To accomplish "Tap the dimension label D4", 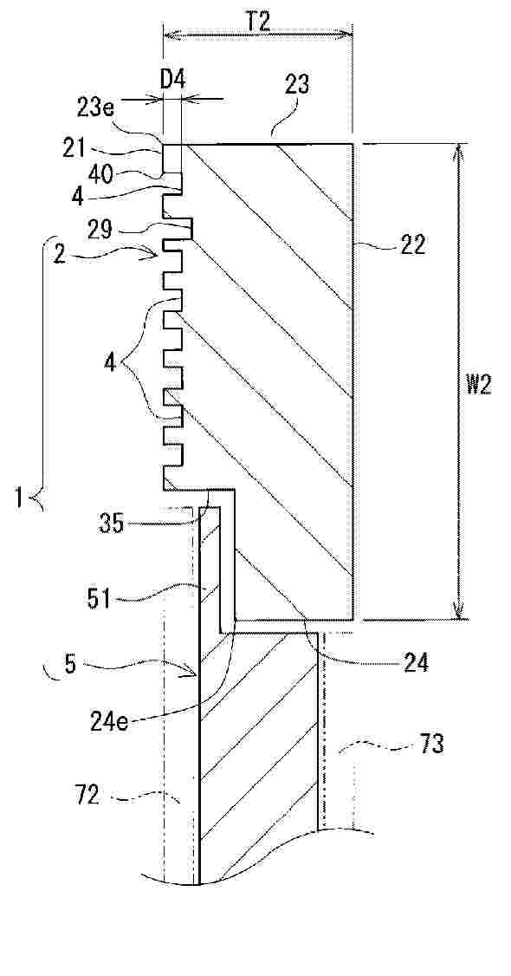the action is [173, 79].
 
